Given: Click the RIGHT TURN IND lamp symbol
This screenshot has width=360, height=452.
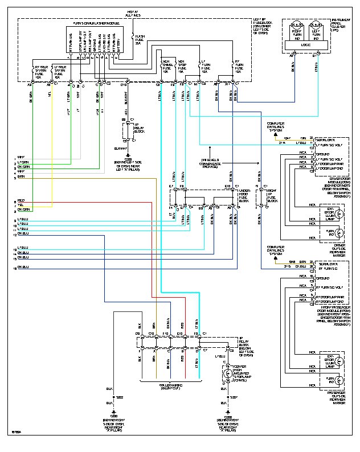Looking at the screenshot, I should click(x=297, y=26).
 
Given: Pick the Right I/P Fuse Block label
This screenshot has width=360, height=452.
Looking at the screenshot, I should click(x=273, y=197).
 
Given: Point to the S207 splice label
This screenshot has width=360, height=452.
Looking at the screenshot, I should click(x=233, y=397).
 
